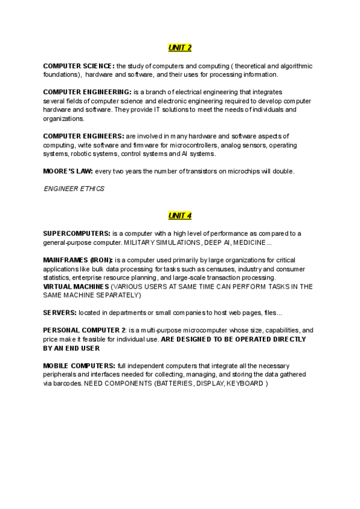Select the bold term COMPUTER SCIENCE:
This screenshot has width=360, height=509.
click(x=79, y=65)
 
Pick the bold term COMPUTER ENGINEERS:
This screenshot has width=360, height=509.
click(x=83, y=136)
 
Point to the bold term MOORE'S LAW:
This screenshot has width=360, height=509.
click(x=68, y=171)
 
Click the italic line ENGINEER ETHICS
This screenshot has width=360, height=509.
click(x=74, y=188)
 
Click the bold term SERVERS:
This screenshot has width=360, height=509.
click(x=59, y=313)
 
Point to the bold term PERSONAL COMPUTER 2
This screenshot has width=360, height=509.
click(x=84, y=330)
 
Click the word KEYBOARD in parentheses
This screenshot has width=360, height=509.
click(x=244, y=383)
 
